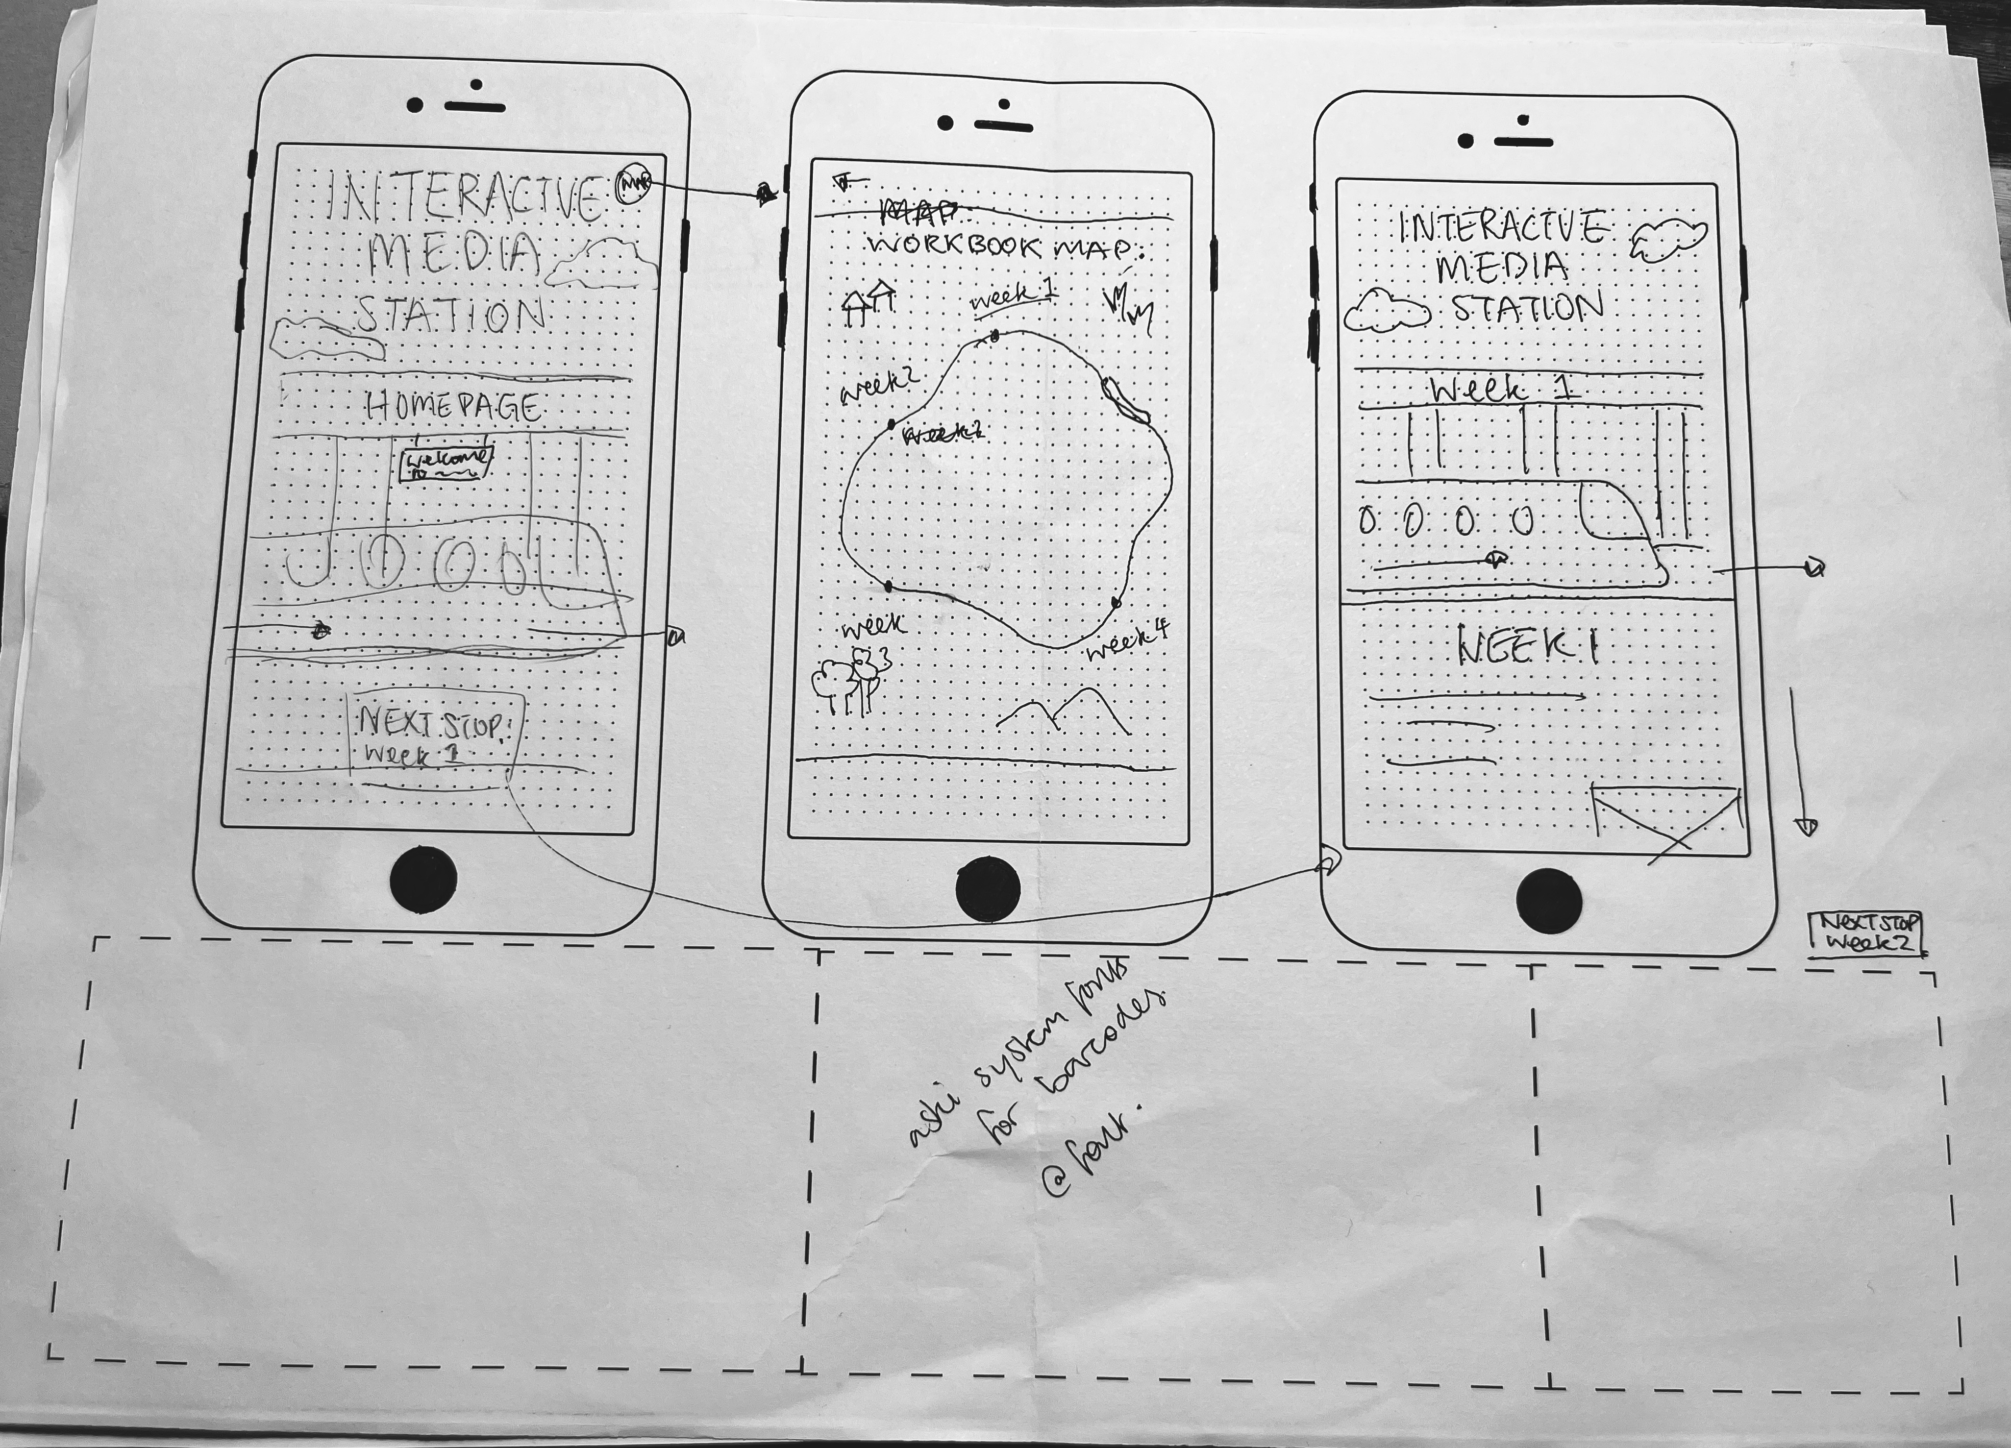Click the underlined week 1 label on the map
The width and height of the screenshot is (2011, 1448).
(1012, 296)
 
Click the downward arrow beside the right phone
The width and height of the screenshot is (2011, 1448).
(1800, 763)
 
